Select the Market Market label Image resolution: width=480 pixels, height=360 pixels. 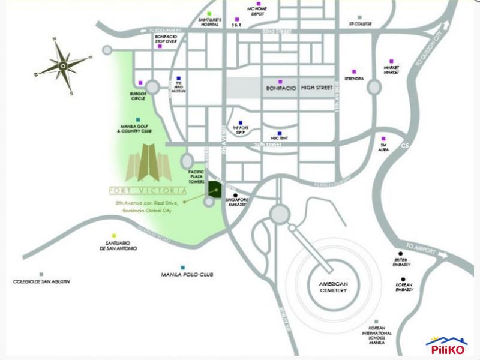(391, 70)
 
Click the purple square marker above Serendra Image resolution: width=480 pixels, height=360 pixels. (354, 71)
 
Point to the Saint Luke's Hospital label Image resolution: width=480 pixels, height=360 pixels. (210, 22)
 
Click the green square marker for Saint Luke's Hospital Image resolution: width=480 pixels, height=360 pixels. (209, 13)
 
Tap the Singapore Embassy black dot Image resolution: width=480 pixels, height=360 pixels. (236, 195)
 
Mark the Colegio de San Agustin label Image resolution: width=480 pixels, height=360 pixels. (41, 281)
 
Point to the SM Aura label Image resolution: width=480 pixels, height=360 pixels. (384, 147)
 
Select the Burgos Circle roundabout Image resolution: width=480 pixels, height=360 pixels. (152, 88)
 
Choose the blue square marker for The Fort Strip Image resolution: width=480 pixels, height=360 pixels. (240, 121)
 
